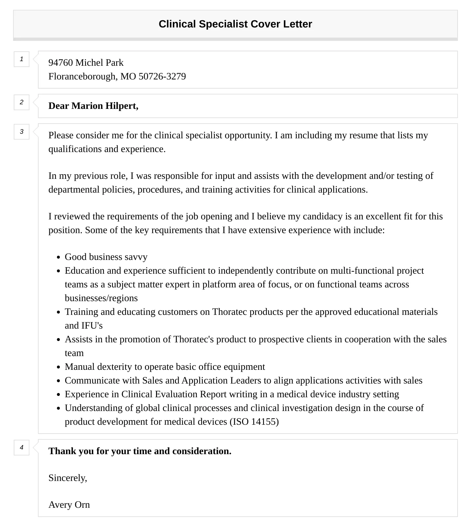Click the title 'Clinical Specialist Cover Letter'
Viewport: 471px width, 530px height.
tap(235, 24)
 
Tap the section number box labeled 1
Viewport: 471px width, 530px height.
tap(22, 59)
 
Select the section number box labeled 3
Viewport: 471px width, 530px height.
tap(22, 132)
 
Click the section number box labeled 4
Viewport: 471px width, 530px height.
tap(22, 447)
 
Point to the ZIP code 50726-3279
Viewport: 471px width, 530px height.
tap(162, 77)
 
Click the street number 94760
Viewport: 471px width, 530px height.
tap(61, 63)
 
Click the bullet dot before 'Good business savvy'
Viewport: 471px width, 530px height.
tap(59, 257)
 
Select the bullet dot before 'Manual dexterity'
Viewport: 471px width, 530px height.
tap(59, 367)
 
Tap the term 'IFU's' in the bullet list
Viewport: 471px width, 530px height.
tap(92, 326)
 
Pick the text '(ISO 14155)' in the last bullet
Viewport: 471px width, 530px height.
tap(254, 422)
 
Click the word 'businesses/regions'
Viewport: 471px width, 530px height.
tap(101, 298)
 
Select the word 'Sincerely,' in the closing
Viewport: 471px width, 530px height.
tap(68, 478)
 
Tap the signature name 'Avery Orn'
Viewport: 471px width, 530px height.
tap(69, 505)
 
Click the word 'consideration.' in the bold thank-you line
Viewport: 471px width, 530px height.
tap(202, 451)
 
